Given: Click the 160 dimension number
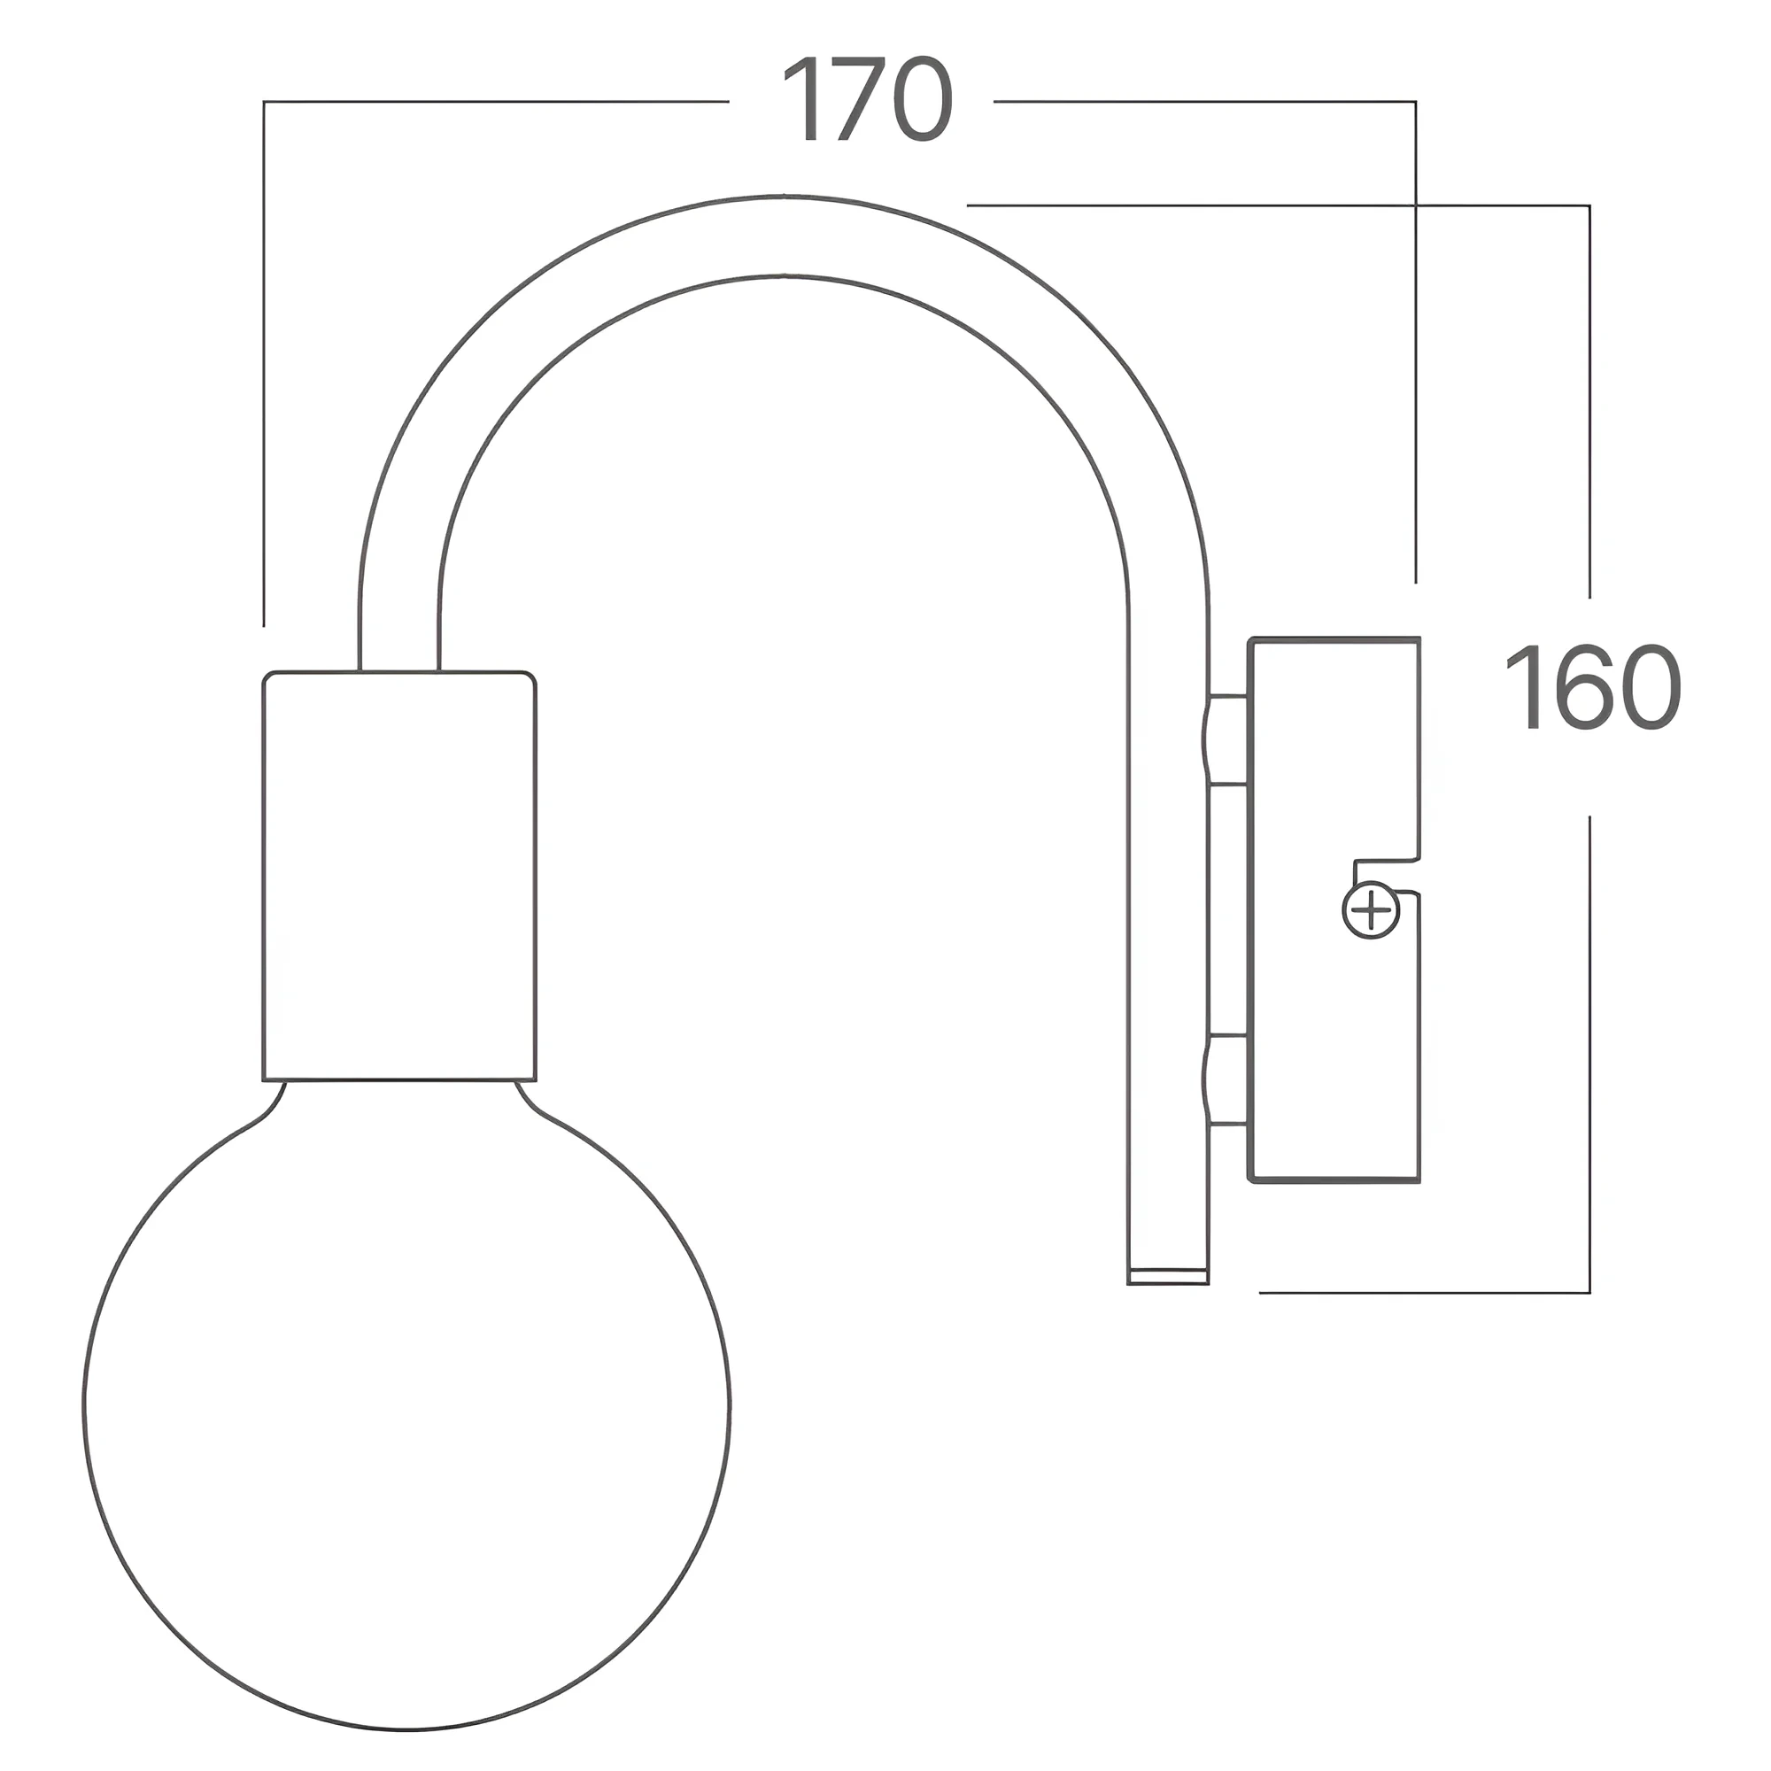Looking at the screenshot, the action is pos(1593,687).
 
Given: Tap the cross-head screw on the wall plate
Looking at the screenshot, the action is pos(1372,911).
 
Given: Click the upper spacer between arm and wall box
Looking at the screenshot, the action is pos(1226,739).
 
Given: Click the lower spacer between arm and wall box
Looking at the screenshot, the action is pos(1226,1080).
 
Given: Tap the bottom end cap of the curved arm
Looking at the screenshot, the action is pos(1168,1276).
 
